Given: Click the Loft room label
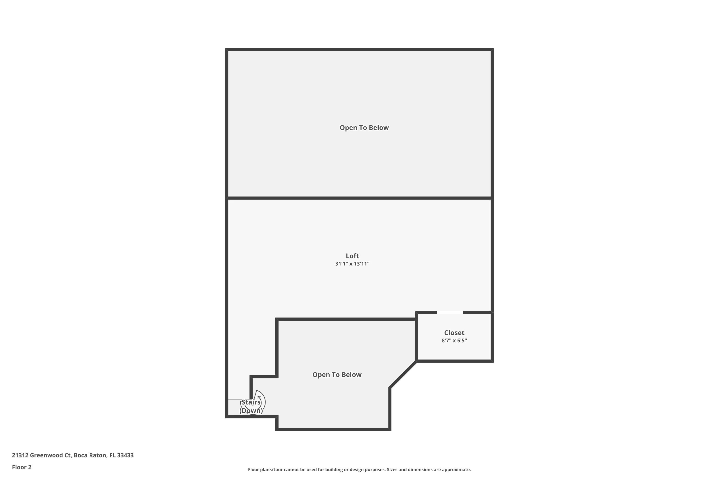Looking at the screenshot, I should coord(352,256).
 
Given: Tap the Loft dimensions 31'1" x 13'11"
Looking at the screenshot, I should coord(352,264).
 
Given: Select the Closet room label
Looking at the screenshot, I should coord(454,333).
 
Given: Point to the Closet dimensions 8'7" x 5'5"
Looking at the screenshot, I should coord(454,341).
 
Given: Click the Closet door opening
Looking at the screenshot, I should coord(450,312).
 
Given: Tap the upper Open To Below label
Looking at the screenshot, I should coord(364,128).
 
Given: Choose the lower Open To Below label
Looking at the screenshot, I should coord(337,375).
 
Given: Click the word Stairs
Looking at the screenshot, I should coord(251,402).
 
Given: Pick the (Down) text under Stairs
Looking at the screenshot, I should coord(251,411).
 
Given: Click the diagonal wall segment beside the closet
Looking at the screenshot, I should coord(403,375).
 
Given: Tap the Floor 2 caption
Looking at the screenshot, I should coord(22,467).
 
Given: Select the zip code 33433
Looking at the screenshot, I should coord(125,455).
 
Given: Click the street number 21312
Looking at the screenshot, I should coord(20,455).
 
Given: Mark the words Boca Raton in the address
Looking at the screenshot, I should coord(90,455).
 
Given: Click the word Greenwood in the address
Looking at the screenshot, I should coord(46,455).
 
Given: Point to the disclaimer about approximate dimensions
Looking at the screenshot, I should coord(359,469).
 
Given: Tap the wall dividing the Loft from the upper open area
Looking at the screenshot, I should coord(359,198).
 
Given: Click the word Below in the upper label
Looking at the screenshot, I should coord(379,128).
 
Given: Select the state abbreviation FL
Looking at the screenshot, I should coord(112,455).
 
